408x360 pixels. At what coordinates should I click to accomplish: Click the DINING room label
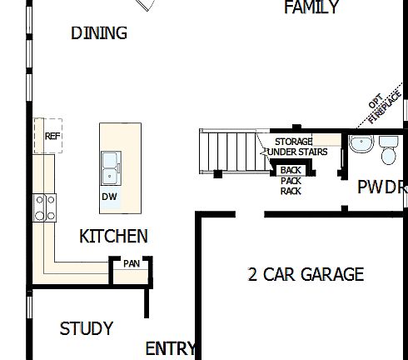[x=99, y=33]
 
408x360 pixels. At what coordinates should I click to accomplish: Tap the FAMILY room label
[x=311, y=8]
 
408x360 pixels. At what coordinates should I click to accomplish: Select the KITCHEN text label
[x=113, y=237]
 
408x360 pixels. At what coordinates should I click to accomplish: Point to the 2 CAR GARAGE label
[x=306, y=274]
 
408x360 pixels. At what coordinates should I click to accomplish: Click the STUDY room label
[x=87, y=329]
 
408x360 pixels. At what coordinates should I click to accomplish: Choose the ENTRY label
[x=170, y=348]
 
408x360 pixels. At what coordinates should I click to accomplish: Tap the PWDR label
[x=381, y=187]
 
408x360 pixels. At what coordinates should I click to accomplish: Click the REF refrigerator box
[x=50, y=136]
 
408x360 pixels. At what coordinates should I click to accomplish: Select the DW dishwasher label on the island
[x=109, y=197]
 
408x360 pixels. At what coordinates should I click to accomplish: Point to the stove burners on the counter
[x=44, y=206]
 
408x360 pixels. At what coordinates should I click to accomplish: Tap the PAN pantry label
[x=131, y=263]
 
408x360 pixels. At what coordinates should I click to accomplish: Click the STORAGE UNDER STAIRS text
[x=294, y=147]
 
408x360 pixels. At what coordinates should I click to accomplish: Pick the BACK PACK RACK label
[x=291, y=180]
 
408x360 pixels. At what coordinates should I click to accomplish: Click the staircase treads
[x=229, y=152]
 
